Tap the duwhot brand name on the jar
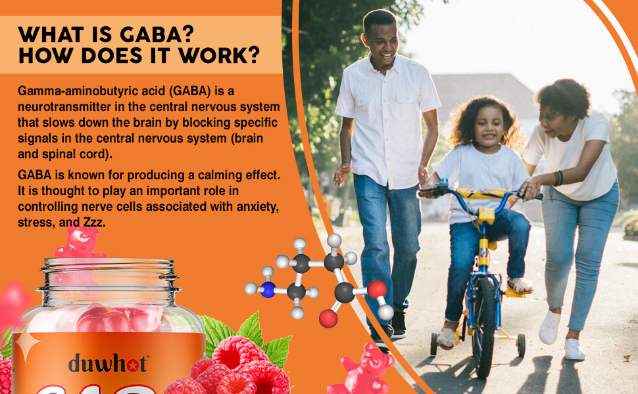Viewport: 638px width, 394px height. coord(108,362)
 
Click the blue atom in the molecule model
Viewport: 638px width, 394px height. coord(267,290)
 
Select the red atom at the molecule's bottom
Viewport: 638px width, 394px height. coord(328,319)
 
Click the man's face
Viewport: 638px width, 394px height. coord(382,39)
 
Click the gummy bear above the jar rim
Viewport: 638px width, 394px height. coord(80,244)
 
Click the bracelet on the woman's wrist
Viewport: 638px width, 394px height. coord(558,178)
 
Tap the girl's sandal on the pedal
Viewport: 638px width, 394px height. coord(519,286)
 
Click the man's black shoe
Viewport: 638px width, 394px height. coord(399,324)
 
